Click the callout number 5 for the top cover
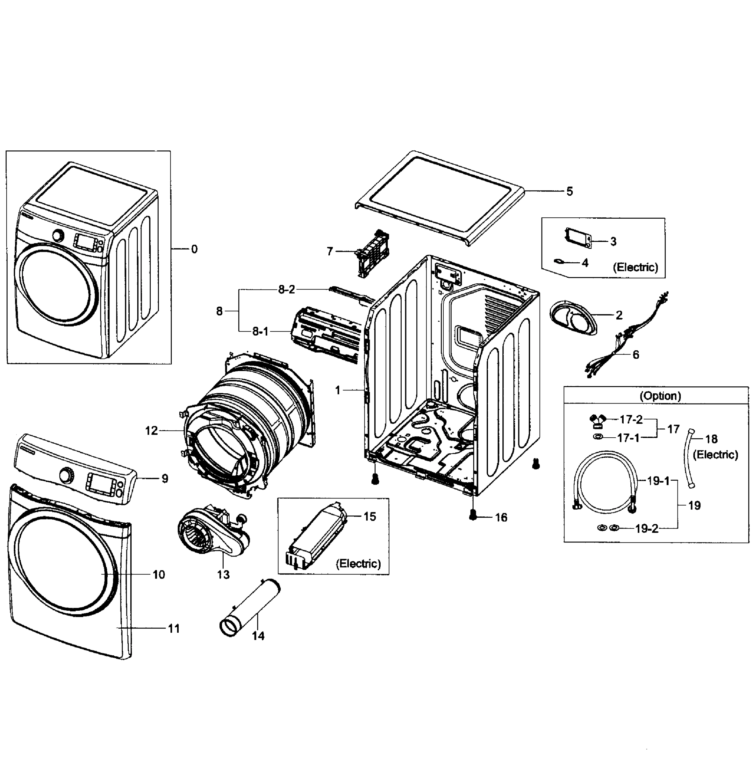coord(569,192)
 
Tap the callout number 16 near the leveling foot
coord(501,518)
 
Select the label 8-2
coord(286,290)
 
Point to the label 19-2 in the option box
coord(647,529)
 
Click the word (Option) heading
coord(660,396)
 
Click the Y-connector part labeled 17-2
coord(595,421)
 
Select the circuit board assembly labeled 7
coord(373,252)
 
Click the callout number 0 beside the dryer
coord(194,249)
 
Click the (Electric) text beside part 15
coord(358,564)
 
